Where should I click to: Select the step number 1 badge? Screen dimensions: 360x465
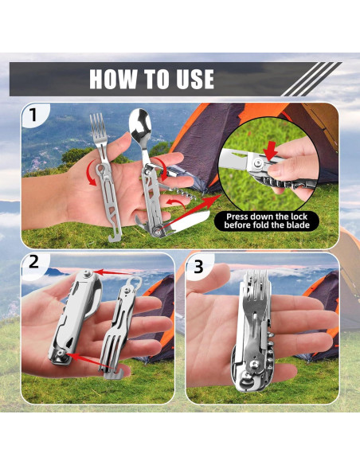pyautogui.click(x=33, y=115)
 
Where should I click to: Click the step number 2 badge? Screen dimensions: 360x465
pyautogui.click(x=33, y=262)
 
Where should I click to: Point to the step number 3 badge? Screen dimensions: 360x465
pyautogui.click(x=198, y=267)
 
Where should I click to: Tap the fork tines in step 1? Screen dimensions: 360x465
pyautogui.click(x=97, y=124)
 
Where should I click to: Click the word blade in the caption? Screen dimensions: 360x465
pyautogui.click(x=297, y=225)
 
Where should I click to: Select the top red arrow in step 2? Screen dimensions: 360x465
pyautogui.click(x=112, y=272)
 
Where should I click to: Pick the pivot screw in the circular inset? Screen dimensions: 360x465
pyautogui.click(x=259, y=162)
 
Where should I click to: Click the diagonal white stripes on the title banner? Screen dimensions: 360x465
pyautogui.click(x=311, y=79)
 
